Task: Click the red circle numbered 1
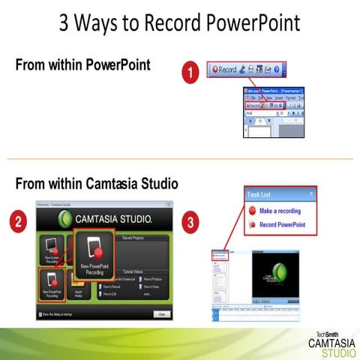192,73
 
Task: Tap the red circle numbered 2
23,223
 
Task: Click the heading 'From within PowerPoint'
82,65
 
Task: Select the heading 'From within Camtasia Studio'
96,182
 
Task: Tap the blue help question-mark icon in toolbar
277,69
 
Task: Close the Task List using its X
311,193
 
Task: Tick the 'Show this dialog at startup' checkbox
40,314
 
